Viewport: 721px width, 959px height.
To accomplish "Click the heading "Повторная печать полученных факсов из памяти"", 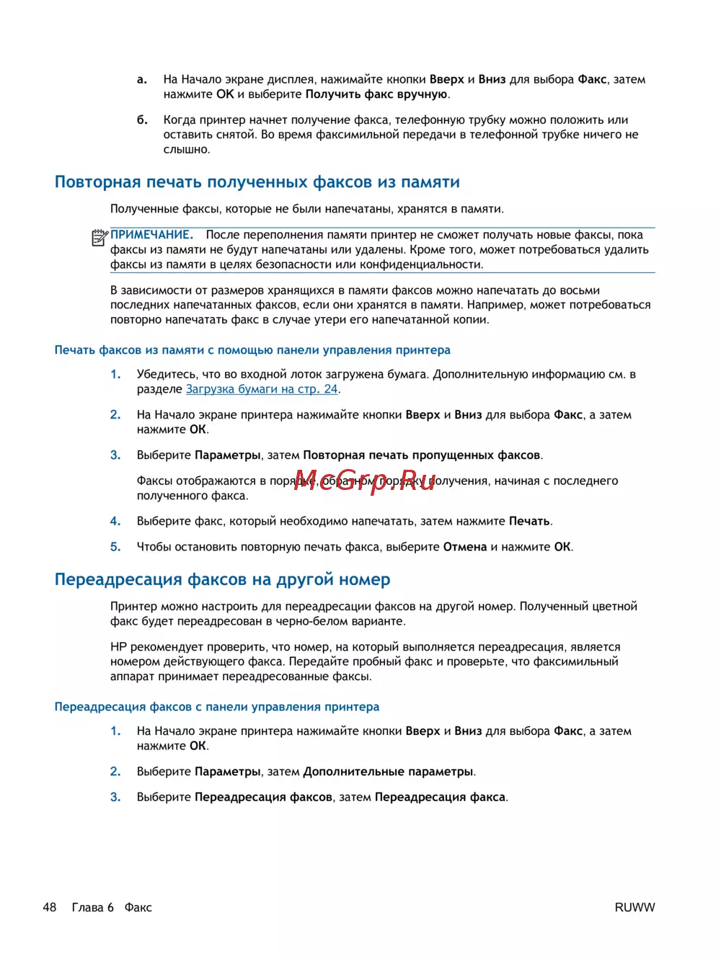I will tap(257, 182).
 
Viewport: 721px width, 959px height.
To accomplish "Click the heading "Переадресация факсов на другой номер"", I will tap(222, 580).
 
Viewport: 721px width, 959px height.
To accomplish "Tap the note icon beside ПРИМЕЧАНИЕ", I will tap(99, 237).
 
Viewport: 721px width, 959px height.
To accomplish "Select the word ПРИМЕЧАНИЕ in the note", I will tap(151, 235).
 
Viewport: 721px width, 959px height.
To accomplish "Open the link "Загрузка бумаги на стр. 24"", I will tap(262, 389).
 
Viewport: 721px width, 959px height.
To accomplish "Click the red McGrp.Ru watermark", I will tap(364, 481).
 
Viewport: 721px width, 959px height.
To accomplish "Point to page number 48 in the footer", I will tap(50, 907).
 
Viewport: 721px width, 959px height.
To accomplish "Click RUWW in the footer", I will tap(634, 908).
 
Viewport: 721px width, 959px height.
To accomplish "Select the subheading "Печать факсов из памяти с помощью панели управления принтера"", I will tap(252, 350).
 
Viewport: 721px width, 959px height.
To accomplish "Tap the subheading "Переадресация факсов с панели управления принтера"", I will tap(216, 707).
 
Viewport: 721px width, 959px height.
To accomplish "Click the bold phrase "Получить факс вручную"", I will tap(376, 94).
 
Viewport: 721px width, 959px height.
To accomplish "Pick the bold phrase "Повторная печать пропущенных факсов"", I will tap(421, 455).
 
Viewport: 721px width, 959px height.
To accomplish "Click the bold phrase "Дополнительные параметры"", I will tap(388, 772).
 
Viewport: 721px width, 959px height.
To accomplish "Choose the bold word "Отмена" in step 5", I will tap(465, 547).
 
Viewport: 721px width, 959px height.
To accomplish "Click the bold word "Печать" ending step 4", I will tap(529, 521).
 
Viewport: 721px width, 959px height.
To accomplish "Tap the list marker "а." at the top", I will tap(142, 79).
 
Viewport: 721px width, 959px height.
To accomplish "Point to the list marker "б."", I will tap(142, 120).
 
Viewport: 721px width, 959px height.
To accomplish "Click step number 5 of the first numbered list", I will tap(115, 547).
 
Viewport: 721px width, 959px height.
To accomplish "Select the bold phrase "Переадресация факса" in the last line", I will tap(440, 797).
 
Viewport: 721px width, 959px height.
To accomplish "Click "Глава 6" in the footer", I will tap(93, 907).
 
